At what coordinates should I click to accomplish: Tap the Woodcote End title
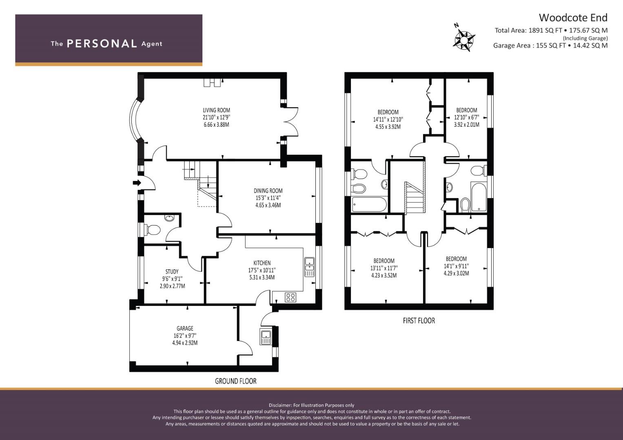573,18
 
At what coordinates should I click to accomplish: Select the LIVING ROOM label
216,110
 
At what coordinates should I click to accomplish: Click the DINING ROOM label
268,191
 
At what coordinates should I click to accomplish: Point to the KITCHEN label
262,263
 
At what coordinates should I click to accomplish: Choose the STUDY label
172,271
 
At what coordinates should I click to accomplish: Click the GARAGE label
185,328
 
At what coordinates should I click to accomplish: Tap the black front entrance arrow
137,183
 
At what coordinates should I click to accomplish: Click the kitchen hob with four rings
290,297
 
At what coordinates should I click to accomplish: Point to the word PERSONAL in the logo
102,44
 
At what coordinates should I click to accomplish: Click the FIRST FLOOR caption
419,321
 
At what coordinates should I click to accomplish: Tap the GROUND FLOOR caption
235,381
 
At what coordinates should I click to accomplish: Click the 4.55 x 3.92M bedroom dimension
388,127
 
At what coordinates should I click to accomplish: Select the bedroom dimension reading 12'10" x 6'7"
466,117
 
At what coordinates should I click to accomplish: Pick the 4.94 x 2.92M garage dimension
185,343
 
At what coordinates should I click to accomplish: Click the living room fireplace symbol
213,82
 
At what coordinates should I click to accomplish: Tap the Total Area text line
551,30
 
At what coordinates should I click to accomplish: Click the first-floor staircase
415,198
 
